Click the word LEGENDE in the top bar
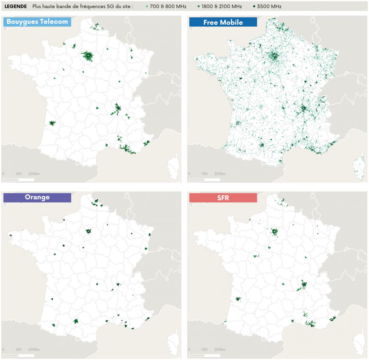[x=16, y=6]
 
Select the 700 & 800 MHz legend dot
[x=147, y=6]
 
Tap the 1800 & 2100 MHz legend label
[x=222, y=6]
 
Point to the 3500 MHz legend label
[x=269, y=6]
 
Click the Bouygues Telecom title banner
[x=37, y=22]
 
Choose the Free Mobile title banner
[x=223, y=22]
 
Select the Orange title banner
[x=37, y=197]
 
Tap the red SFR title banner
[x=223, y=198]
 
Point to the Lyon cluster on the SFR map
[x=304, y=284]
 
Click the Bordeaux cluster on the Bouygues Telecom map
[x=52, y=123]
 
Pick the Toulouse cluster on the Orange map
[x=76, y=321]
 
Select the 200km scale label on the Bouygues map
[x=34, y=174]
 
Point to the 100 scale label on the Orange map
[x=19, y=349]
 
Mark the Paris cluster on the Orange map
[x=88, y=231]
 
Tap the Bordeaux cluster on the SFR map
[x=238, y=299]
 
